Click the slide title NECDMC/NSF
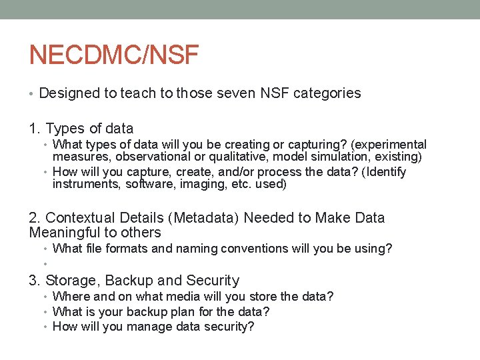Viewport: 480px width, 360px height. [114, 55]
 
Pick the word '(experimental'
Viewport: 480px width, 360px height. [388, 145]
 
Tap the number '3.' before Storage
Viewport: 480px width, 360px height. [35, 281]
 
